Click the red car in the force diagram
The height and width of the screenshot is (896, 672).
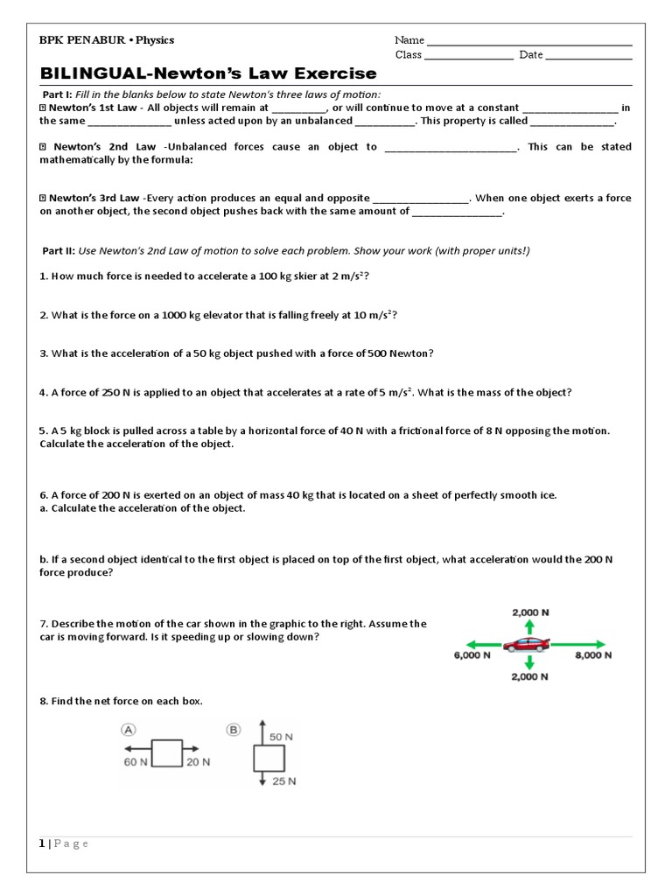(x=527, y=646)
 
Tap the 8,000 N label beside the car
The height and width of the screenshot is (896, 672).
(x=592, y=654)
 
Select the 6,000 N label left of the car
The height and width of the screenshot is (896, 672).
(x=472, y=654)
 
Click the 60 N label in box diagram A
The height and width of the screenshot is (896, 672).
(x=136, y=763)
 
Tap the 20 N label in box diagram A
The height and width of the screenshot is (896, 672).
(x=198, y=763)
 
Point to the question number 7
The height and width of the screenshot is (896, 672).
(x=43, y=624)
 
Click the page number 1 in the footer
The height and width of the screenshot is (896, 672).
(x=41, y=843)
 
